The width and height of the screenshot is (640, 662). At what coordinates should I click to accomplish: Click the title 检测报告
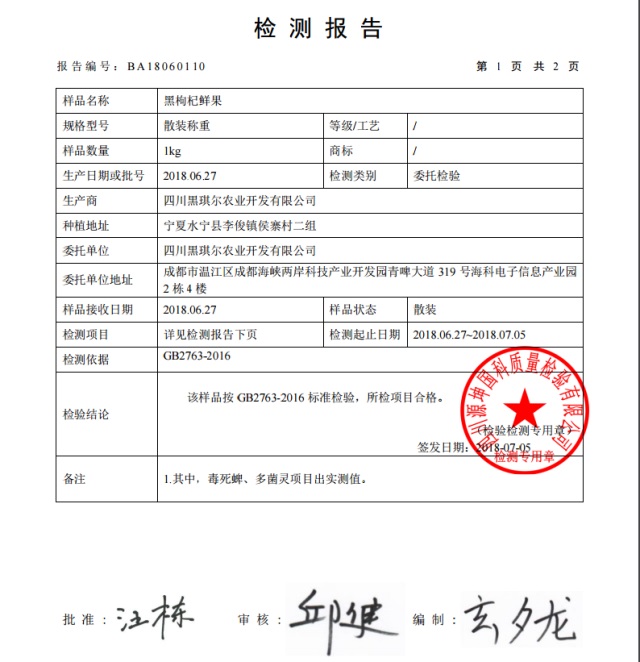(x=319, y=28)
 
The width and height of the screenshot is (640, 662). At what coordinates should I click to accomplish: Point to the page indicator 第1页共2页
(x=527, y=67)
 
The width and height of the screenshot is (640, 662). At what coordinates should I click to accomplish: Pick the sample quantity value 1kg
(x=172, y=151)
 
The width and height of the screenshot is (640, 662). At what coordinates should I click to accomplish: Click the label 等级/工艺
(x=354, y=126)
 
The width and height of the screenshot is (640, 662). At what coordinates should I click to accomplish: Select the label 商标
(x=341, y=151)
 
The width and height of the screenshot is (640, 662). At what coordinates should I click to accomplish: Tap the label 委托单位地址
(x=97, y=279)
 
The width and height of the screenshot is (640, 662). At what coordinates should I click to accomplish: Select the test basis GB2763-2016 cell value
(x=197, y=356)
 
